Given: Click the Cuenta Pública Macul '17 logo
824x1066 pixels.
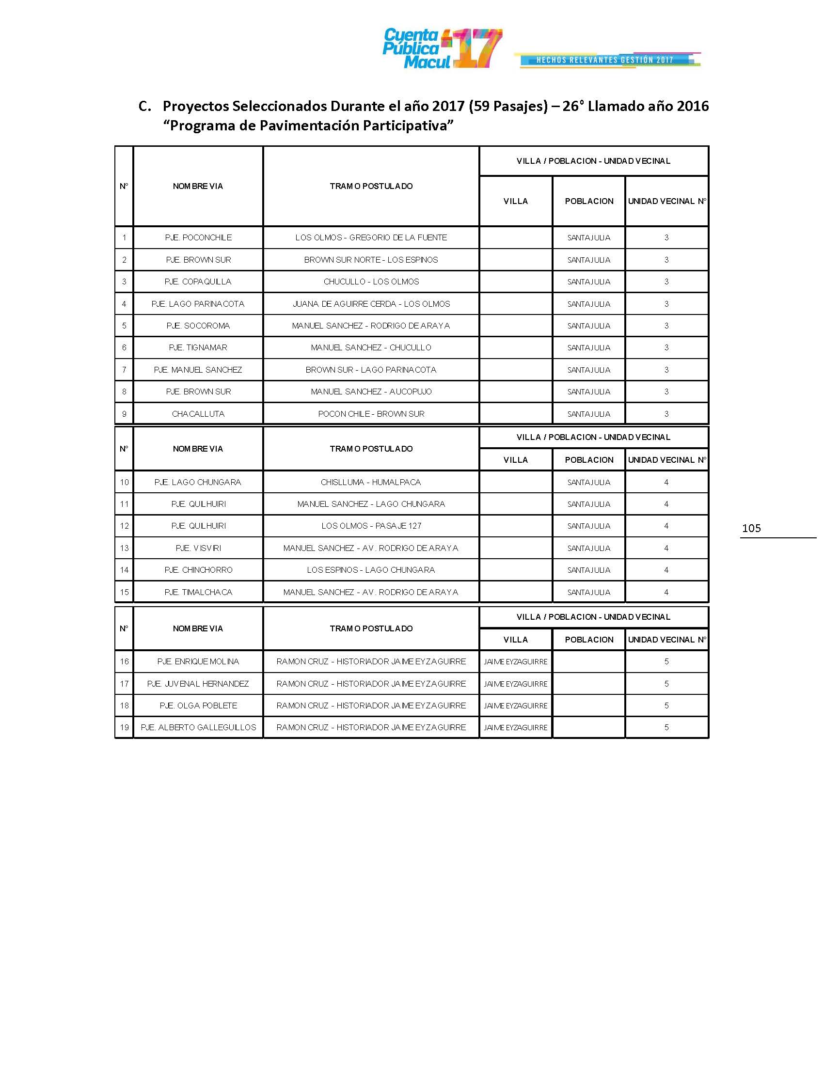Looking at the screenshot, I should [x=442, y=48].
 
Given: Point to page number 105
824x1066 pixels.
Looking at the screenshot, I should [x=751, y=528].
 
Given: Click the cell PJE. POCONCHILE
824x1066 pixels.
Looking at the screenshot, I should [x=198, y=238].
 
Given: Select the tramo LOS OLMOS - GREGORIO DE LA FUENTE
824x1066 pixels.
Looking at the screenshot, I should [x=371, y=238].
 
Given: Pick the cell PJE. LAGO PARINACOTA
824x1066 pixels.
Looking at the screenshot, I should [x=198, y=304].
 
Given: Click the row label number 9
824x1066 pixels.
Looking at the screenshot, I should [x=124, y=414].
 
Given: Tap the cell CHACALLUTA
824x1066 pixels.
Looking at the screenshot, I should [x=198, y=414].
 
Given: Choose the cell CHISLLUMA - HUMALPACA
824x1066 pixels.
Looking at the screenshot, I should [x=371, y=482].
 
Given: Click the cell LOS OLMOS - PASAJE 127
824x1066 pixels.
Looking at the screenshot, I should [x=371, y=526].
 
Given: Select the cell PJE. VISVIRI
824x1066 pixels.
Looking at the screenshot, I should [x=198, y=548].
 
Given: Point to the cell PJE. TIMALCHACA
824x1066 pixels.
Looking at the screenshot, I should [x=198, y=592].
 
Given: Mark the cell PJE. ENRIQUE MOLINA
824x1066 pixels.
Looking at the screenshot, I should [x=198, y=661].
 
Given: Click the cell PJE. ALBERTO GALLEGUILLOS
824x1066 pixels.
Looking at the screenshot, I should [x=198, y=727].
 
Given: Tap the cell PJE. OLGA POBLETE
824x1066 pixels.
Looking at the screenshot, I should [x=198, y=705].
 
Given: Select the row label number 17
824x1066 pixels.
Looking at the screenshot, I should [x=124, y=684].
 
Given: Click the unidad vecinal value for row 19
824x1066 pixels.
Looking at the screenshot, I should [x=666, y=727].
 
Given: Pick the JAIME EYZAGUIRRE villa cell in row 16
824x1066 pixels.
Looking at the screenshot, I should [x=516, y=661].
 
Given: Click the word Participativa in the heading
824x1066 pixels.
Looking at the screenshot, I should [x=405, y=126].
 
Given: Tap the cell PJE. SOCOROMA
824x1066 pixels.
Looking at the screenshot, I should [x=198, y=326].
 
